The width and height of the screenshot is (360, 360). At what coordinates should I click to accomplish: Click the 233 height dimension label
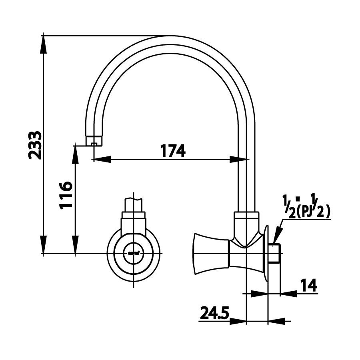(36, 145)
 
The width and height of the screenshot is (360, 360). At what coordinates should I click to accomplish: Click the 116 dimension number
(65, 195)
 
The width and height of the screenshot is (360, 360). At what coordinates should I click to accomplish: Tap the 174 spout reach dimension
(173, 151)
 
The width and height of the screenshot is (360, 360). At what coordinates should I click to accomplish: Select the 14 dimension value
(308, 286)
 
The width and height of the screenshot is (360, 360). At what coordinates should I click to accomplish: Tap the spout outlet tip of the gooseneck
(94, 141)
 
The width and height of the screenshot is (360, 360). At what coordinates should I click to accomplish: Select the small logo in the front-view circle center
(134, 253)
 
